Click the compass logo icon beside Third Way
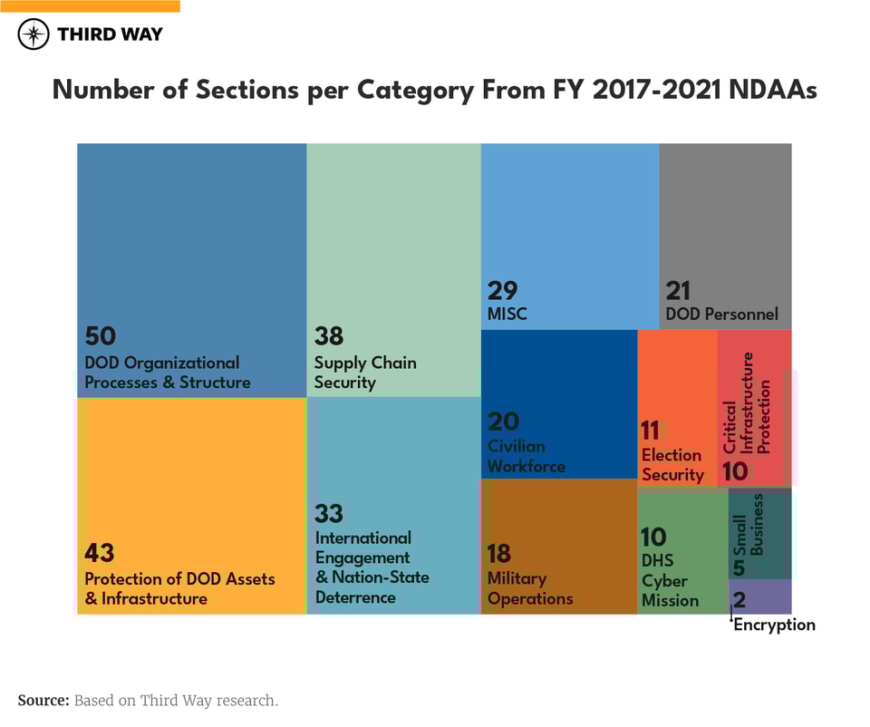click(34, 34)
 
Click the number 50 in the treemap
click(101, 335)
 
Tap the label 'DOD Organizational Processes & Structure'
click(167, 373)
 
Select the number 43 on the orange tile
click(100, 552)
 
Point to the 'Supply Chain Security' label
click(365, 373)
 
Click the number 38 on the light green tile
click(329, 335)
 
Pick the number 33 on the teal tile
click(329, 513)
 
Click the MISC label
click(507, 315)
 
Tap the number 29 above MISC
click(503, 290)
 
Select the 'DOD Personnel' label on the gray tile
click(721, 315)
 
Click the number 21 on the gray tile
click(678, 290)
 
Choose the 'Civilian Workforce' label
click(527, 456)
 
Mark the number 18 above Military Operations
click(499, 552)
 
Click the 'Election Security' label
click(672, 464)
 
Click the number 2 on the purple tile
click(739, 599)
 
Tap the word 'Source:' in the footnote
click(43, 700)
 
